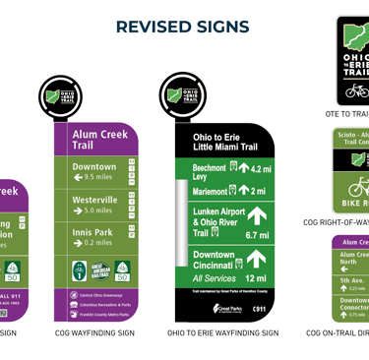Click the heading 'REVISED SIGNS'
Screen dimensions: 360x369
(183, 27)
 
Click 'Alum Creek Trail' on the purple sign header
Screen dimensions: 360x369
(95, 139)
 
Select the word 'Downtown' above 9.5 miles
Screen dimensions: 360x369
(94, 166)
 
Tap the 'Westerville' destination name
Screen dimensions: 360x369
(95, 199)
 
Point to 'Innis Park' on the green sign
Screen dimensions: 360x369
(92, 232)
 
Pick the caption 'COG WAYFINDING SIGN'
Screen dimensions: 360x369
(94, 333)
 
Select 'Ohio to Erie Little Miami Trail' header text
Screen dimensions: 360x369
(224, 143)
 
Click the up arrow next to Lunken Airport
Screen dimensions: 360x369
(257, 215)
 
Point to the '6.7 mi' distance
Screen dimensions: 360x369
(256, 236)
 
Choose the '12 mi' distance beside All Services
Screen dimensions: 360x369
(256, 279)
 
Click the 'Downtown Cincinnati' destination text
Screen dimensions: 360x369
(214, 261)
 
